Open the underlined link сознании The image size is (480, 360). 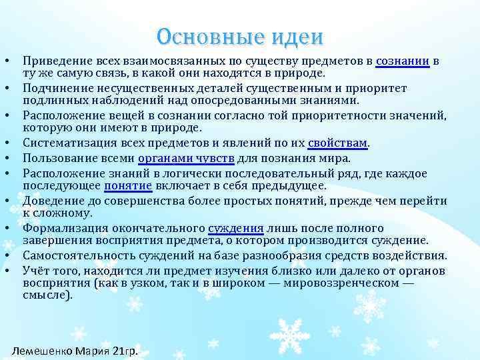pyautogui.click(x=403, y=61)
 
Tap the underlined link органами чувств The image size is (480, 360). pyautogui.click(x=185, y=158)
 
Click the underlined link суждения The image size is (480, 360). pyautogui.click(x=237, y=229)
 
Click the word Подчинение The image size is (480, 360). pyautogui.click(x=55, y=89)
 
